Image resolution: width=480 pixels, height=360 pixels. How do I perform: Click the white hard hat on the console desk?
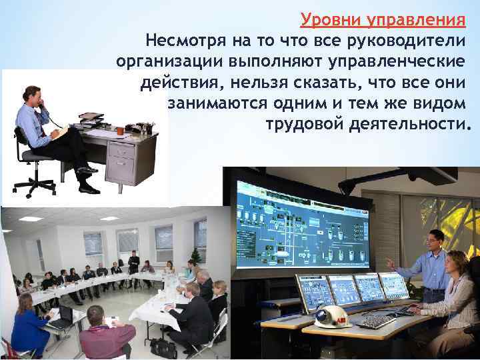(x=331, y=316)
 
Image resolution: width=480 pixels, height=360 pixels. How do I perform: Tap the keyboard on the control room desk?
(x=376, y=321)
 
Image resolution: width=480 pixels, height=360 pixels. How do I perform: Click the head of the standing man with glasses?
(x=434, y=239)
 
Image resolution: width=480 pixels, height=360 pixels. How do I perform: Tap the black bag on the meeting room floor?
(x=163, y=347)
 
